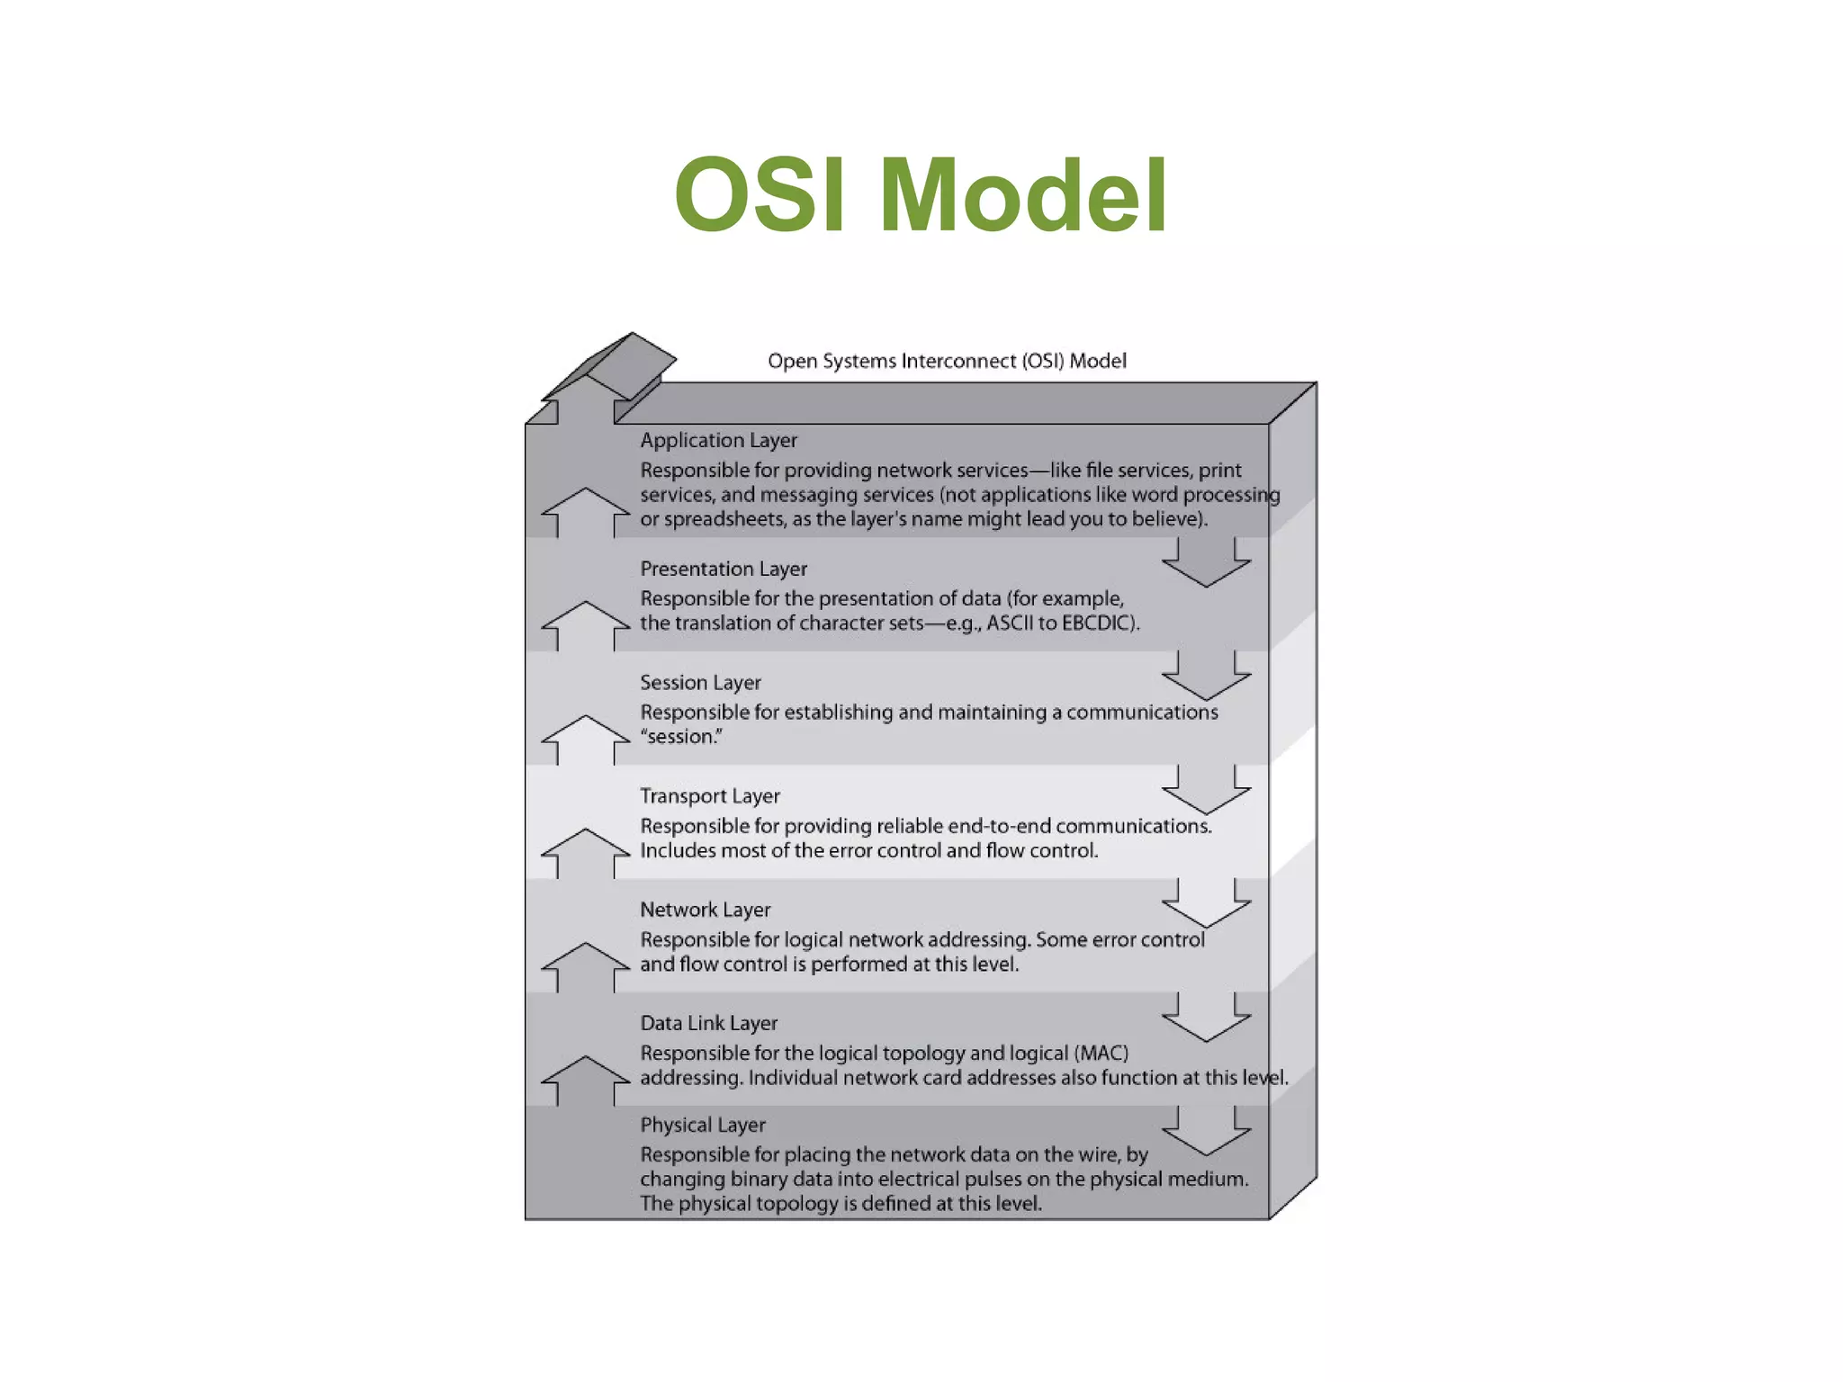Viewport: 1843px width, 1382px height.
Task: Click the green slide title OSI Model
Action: [x=921, y=195]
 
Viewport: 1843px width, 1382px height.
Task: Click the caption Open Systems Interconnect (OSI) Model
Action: [x=947, y=361]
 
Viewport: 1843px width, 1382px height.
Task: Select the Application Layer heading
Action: [x=718, y=440]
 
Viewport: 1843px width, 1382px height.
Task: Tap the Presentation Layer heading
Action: [x=724, y=569]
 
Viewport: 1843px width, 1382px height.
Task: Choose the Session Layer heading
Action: [x=700, y=682]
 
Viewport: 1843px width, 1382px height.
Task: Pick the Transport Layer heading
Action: [x=709, y=796]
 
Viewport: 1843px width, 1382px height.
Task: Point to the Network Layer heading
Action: [x=706, y=910]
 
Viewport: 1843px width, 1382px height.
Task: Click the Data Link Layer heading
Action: [x=708, y=1023]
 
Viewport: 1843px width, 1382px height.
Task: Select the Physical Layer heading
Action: [x=703, y=1125]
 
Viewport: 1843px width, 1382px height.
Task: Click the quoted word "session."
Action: [x=681, y=737]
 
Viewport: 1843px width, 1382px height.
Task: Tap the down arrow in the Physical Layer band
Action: [x=1206, y=1134]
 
